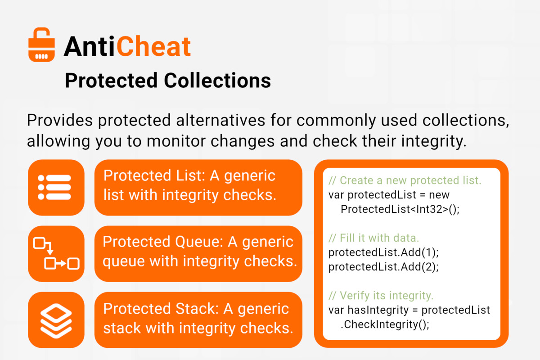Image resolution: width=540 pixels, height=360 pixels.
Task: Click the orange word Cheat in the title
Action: [x=154, y=46]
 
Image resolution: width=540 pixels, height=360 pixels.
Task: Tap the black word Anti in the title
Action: [x=89, y=46]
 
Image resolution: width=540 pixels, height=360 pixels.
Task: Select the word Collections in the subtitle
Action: [x=217, y=81]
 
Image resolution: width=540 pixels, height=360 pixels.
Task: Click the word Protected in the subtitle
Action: [x=111, y=81]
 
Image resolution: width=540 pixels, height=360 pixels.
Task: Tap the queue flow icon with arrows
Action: [x=56, y=254]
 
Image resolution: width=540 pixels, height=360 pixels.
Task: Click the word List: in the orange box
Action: [x=190, y=175]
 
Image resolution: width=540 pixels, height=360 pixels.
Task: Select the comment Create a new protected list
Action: [x=405, y=180]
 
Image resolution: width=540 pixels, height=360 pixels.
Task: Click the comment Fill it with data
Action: [x=373, y=238]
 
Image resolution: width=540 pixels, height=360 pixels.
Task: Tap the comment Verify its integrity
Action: [x=381, y=296]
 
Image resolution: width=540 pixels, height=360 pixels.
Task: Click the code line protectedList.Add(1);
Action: [x=383, y=252]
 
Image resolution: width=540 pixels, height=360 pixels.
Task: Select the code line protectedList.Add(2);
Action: [x=383, y=267]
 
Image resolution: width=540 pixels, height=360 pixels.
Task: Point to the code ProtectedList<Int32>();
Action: [x=400, y=209]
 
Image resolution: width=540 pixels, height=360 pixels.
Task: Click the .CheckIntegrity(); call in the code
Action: [x=385, y=324]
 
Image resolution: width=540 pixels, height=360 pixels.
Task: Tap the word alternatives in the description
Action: [x=220, y=120]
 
